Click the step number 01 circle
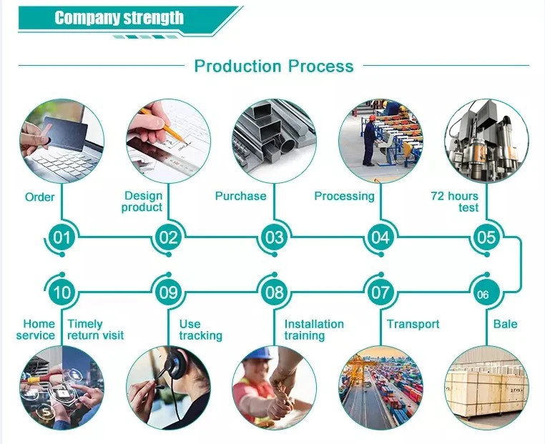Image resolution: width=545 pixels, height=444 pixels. point(62,237)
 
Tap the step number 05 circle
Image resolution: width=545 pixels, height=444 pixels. point(486,237)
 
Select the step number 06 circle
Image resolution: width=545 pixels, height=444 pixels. point(483,292)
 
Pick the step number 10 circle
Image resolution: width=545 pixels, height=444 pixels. point(62,292)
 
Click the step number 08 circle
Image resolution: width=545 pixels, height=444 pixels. point(275,292)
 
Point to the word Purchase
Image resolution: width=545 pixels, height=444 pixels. point(240,196)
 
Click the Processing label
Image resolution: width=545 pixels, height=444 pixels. point(344,197)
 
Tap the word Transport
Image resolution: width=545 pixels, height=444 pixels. point(413,324)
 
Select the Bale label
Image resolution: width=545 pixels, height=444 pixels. point(506,324)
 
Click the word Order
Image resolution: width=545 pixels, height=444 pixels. point(39,197)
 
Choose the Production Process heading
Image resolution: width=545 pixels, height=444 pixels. point(273,66)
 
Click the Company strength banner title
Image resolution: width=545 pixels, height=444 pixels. point(119,18)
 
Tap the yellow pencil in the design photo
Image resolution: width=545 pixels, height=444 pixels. point(162,126)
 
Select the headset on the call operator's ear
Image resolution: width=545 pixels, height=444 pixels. point(174,364)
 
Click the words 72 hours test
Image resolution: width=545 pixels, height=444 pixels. point(455,202)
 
